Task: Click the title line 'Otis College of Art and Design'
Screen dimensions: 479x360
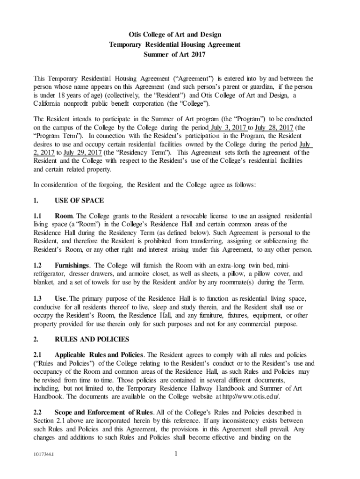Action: pyautogui.click(x=175, y=35)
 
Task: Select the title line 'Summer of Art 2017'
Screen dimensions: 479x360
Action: pyautogui.click(x=175, y=55)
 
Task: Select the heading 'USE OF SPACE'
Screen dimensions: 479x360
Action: pyautogui.click(x=79, y=200)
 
